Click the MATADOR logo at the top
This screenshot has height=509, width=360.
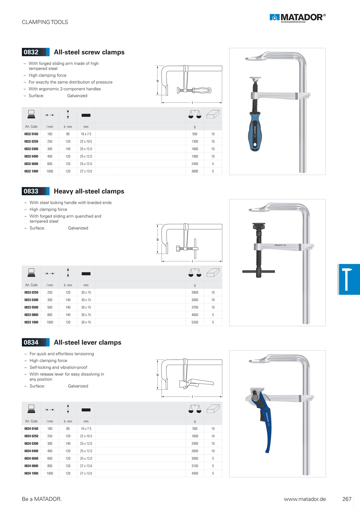pos(298,18)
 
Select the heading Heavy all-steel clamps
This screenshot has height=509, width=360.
pos(89,191)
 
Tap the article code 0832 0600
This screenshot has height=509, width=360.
pos(31,164)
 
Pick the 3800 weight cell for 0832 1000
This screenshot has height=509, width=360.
pos(195,171)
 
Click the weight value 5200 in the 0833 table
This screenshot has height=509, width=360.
pos(195,322)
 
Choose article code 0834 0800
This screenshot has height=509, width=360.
pos(31,466)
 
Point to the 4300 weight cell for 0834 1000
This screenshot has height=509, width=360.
pos(195,473)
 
